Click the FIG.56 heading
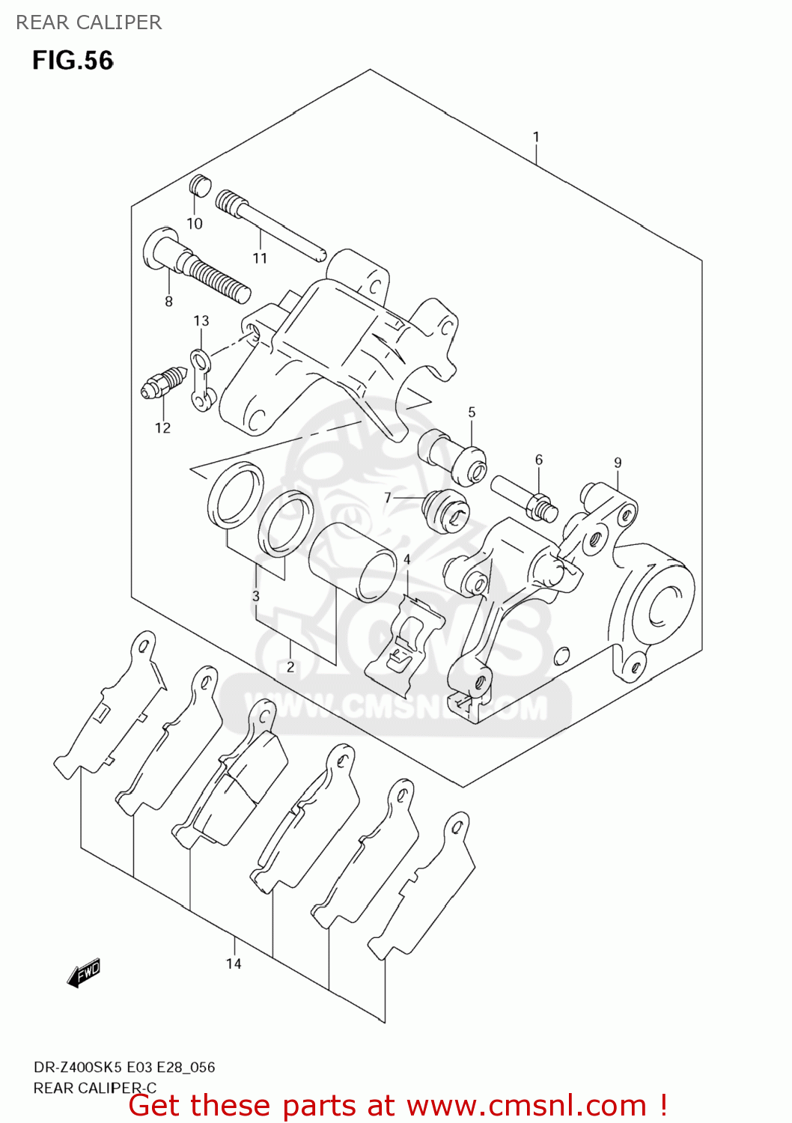tap(73, 61)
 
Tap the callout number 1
tap(536, 137)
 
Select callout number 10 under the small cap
tap(195, 224)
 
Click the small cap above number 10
tap(200, 185)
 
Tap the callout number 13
tap(201, 321)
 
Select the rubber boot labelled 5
tap(452, 455)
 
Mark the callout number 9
tap(618, 463)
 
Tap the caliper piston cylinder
tap(353, 561)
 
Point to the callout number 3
tap(256, 597)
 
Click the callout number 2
tap(290, 666)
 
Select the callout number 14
tap(234, 964)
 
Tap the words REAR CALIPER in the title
tap(88, 22)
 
